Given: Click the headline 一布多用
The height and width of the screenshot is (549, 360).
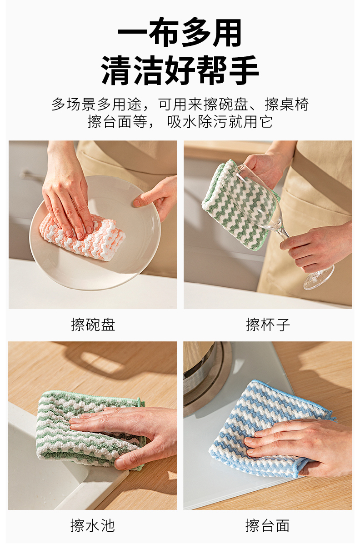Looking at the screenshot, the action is (180, 32).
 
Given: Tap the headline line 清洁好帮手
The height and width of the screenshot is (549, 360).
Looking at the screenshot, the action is (180, 70).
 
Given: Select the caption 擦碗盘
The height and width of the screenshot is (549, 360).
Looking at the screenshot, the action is (93, 325).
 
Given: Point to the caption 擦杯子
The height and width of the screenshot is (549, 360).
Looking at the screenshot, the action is (268, 325).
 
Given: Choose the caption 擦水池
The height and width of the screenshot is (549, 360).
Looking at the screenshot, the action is (93, 525).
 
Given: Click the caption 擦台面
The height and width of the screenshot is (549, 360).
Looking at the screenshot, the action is (267, 525).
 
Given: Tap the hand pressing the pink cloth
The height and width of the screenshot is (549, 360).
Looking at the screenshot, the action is (66, 196).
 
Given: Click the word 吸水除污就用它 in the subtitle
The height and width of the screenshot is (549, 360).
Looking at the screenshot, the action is (220, 121).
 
